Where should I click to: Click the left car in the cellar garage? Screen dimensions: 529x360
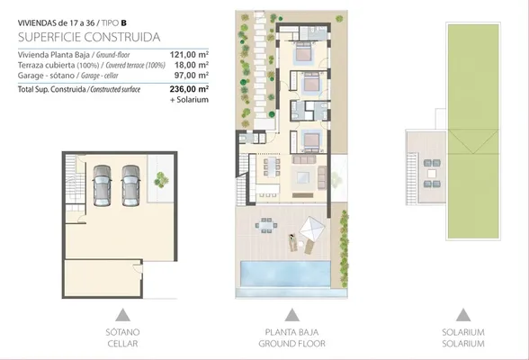(102, 185)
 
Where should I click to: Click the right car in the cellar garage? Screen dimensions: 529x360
(131, 185)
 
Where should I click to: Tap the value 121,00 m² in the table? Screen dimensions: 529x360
(189, 55)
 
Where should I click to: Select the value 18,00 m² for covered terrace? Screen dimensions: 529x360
(192, 65)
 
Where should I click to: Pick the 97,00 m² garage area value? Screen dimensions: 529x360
(192, 76)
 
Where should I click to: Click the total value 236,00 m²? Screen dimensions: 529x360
(189, 89)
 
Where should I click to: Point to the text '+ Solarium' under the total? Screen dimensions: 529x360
(189, 100)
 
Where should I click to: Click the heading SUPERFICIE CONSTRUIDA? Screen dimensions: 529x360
(89, 37)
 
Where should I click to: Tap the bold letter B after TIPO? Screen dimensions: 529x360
(124, 22)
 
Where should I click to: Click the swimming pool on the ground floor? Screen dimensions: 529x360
(285, 274)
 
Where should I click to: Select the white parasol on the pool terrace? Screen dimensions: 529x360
(311, 229)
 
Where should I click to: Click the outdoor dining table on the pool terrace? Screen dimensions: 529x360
(266, 225)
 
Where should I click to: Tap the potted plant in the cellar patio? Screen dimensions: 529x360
(161, 180)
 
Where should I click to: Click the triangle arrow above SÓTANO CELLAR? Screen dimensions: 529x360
(122, 315)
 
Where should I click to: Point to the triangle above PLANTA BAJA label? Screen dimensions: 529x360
(291, 315)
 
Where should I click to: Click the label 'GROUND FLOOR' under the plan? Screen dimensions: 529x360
(291, 344)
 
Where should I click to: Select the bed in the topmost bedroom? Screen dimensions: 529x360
(305, 53)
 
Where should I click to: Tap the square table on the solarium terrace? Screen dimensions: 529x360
(432, 174)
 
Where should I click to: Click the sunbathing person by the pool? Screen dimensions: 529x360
(292, 242)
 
